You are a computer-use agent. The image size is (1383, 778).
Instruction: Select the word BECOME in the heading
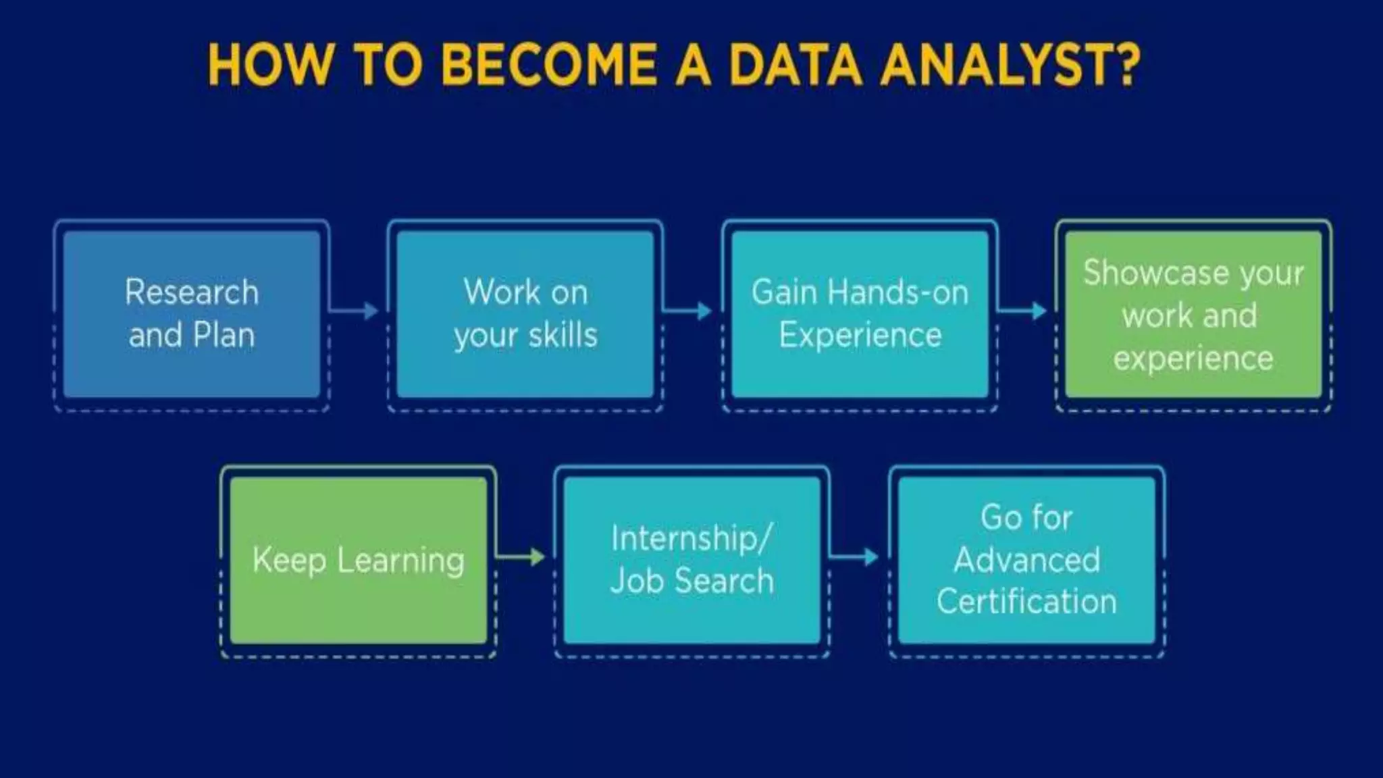pyautogui.click(x=548, y=66)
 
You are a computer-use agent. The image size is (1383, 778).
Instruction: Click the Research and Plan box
pyautogui.click(x=192, y=314)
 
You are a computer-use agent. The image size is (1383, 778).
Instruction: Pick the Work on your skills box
pyautogui.click(x=525, y=314)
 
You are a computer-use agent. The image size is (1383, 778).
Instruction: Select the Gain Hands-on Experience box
pyautogui.click(x=860, y=314)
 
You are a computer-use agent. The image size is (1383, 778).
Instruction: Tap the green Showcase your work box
pyautogui.click(x=1193, y=314)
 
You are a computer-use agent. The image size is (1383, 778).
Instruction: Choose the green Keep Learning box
pyautogui.click(x=359, y=560)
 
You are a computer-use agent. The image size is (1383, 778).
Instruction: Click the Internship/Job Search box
pyautogui.click(x=691, y=560)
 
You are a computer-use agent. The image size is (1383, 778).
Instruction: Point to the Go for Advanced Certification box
pyautogui.click(x=1026, y=560)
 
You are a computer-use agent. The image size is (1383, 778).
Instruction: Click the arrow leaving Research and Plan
pyautogui.click(x=355, y=311)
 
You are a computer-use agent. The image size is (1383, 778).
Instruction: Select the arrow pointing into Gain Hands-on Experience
pyautogui.click(x=688, y=311)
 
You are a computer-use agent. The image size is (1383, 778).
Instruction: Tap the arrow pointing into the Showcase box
pyautogui.click(x=1022, y=311)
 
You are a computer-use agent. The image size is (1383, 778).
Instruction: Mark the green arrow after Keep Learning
pyautogui.click(x=521, y=556)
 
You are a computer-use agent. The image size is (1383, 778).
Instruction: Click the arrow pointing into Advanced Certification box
pyautogui.click(x=854, y=556)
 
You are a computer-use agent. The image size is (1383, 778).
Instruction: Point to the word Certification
pyautogui.click(x=1026, y=601)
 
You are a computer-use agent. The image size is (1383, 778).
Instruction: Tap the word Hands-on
pyautogui.click(x=898, y=292)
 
